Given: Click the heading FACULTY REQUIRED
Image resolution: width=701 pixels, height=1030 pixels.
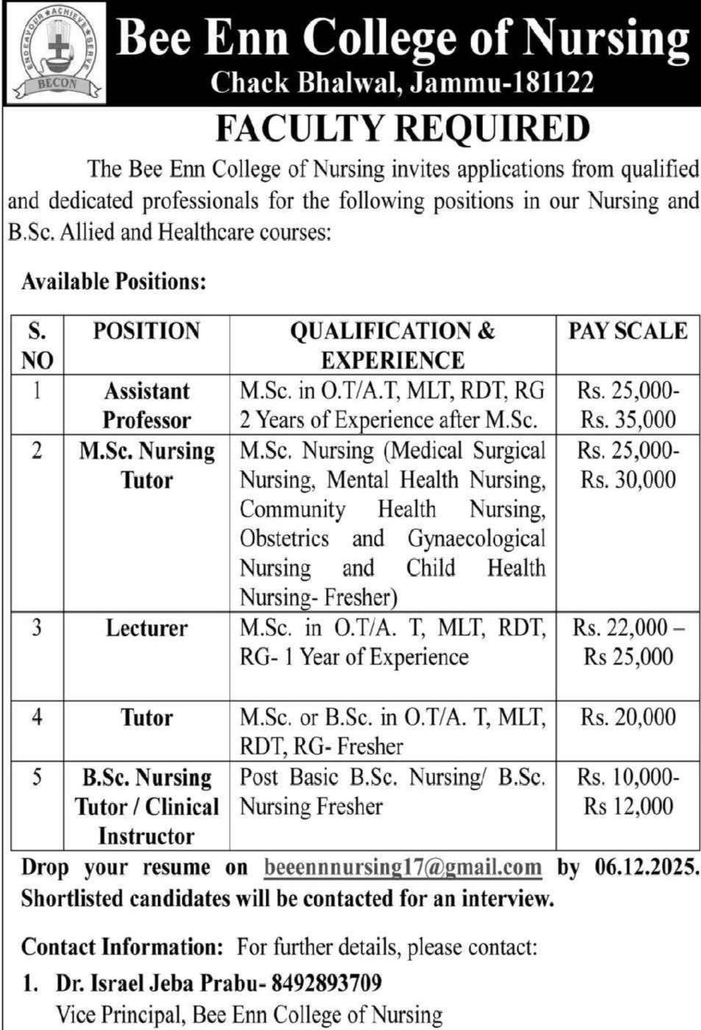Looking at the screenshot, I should (402, 129).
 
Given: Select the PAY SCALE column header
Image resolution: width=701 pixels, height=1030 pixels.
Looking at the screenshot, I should (627, 331).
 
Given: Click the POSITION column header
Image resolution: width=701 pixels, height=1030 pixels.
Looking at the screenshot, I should (147, 331).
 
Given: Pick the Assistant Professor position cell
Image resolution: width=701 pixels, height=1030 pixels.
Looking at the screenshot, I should (147, 405).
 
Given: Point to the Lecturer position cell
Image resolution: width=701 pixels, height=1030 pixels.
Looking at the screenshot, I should (147, 628).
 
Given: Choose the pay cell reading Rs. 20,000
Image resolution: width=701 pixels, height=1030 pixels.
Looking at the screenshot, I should (627, 716).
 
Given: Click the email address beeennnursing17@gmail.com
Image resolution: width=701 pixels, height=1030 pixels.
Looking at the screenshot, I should (403, 867).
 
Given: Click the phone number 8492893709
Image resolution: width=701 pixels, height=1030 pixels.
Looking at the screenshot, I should (326, 982).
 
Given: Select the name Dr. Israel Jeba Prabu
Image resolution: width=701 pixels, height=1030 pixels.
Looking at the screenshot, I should (158, 982).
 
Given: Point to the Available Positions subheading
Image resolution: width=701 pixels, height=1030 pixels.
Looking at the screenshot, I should (113, 281).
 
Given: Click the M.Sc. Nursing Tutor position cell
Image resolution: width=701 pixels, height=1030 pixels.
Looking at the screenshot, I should (147, 465).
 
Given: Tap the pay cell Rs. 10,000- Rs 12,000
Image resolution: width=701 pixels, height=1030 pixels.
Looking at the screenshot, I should (627, 791).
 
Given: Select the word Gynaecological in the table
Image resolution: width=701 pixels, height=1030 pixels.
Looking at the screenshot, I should (476, 538).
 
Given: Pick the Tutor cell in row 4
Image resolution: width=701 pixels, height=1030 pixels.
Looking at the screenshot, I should (147, 717).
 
